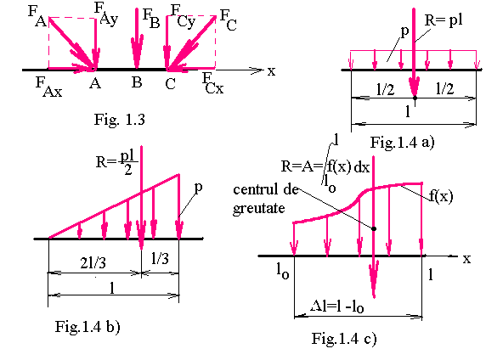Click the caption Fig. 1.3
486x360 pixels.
(119, 120)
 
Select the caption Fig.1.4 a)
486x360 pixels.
(403, 143)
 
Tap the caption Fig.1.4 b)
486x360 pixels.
(88, 327)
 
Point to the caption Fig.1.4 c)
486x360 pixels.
(344, 339)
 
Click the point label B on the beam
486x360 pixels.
(137, 82)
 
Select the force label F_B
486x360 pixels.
(151, 19)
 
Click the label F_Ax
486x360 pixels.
(49, 87)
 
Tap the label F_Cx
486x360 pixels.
(212, 83)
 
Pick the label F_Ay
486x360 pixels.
(106, 13)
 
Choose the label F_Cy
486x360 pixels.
(184, 16)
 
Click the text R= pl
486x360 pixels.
(444, 20)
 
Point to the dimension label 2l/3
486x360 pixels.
(93, 263)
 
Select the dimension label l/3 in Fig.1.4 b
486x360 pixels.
(160, 258)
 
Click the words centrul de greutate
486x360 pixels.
(266, 199)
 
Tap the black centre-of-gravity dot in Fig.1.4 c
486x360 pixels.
(374, 228)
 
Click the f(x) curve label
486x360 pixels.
(441, 196)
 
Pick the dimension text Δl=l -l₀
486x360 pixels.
(337, 307)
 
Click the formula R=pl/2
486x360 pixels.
(117, 162)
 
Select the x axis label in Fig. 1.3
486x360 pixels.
(272, 71)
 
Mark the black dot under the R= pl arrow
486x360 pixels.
(415, 98)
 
